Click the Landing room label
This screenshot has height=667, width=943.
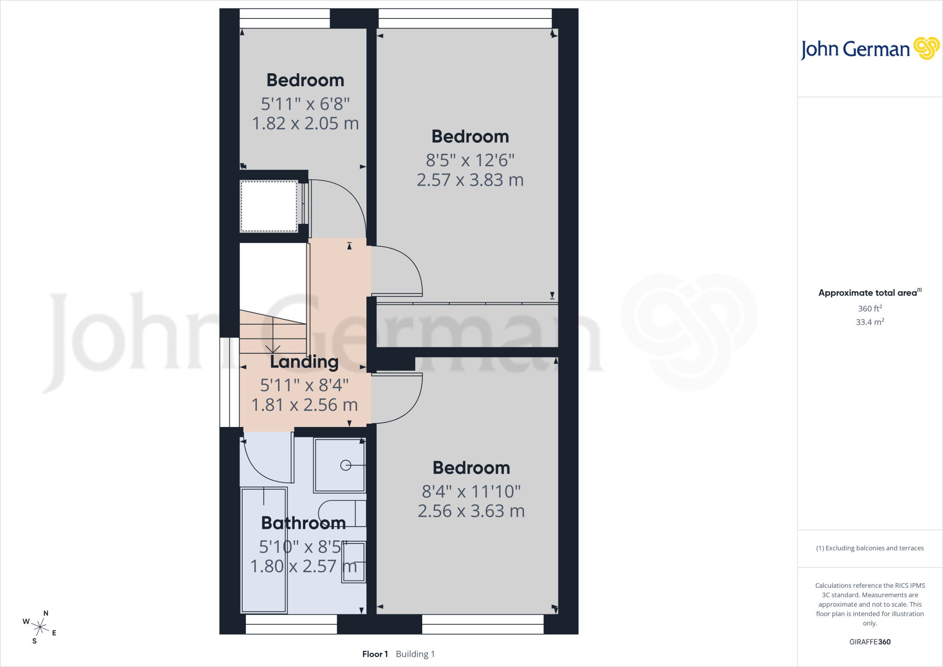click(x=304, y=362)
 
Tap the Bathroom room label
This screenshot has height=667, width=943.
click(x=303, y=523)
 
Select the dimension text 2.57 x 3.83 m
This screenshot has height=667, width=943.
click(x=470, y=180)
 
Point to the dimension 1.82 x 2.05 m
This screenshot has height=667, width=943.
click(x=305, y=123)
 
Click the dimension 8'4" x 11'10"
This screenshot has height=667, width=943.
click(x=471, y=491)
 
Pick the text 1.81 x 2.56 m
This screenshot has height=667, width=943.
click(x=304, y=405)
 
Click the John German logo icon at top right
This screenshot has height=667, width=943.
click(x=926, y=48)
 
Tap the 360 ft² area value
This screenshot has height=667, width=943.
click(x=870, y=308)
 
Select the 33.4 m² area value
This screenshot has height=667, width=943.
click(x=870, y=322)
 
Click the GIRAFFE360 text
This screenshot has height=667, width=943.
click(x=870, y=642)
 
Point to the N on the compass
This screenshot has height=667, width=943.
click(x=46, y=613)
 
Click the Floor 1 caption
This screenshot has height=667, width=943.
click(x=375, y=654)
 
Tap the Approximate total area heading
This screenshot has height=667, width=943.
click(x=870, y=293)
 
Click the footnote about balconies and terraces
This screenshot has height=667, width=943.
click(x=870, y=548)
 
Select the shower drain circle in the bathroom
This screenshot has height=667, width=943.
click(x=345, y=466)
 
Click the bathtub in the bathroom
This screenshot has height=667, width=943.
click(x=264, y=550)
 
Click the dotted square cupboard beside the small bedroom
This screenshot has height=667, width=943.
click(x=269, y=206)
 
